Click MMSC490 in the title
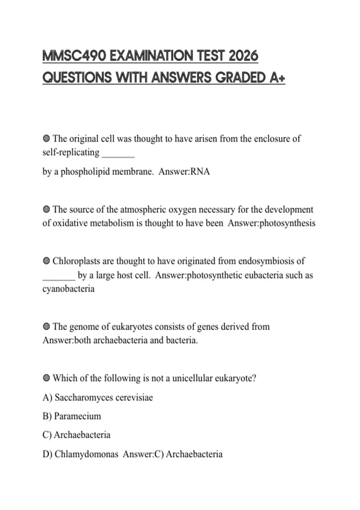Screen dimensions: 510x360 point(74,56)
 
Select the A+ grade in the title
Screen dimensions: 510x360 point(277,78)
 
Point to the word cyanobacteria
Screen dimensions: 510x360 point(68,289)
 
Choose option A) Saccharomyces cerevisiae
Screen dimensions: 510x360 point(98,397)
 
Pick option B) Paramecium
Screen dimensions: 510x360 point(72,416)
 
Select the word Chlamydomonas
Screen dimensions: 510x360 point(86,454)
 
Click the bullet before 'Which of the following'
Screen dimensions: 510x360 point(46,378)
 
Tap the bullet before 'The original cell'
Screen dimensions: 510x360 point(46,139)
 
